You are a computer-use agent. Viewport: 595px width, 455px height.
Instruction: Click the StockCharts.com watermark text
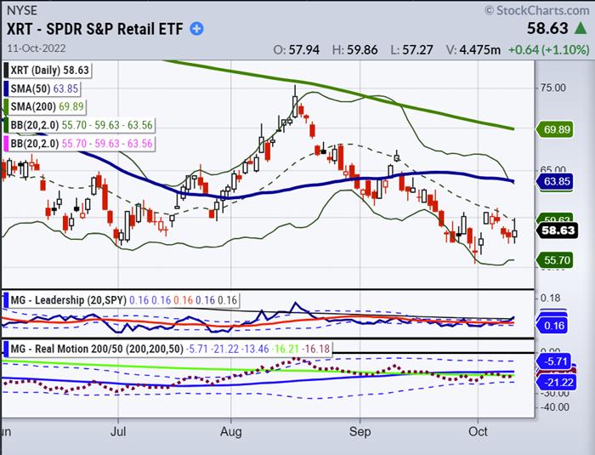click(537, 10)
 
